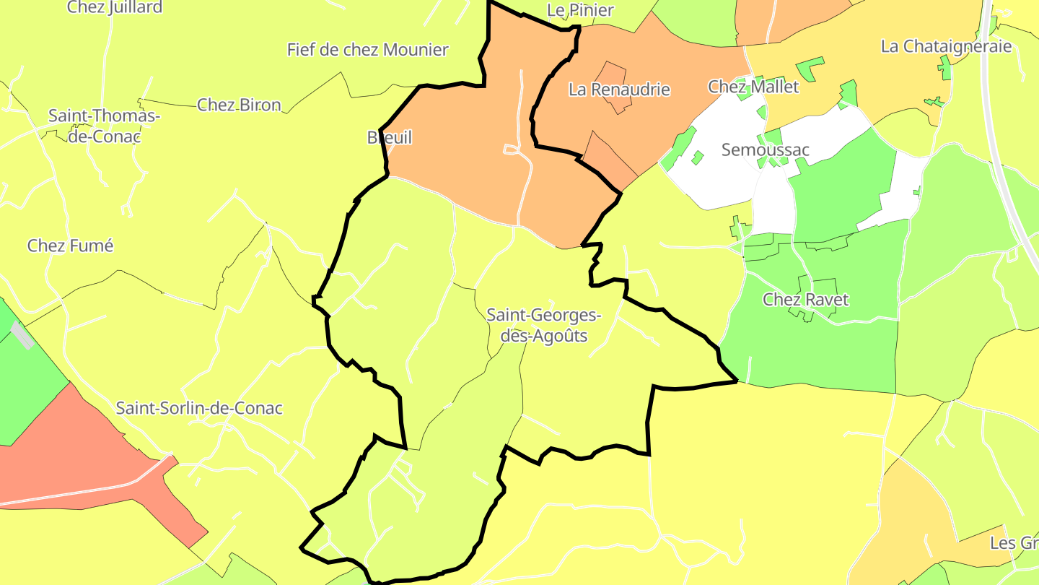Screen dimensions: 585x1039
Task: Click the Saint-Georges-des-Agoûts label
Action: tap(543, 325)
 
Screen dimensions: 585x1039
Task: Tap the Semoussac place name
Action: tap(765, 149)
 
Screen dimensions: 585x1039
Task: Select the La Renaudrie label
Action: tap(619, 90)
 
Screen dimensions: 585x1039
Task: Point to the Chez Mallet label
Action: tap(753, 87)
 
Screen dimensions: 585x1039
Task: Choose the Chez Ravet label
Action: tap(805, 299)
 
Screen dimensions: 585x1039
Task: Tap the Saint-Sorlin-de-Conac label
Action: tap(199, 408)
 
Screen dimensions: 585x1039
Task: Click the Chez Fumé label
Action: tap(70, 246)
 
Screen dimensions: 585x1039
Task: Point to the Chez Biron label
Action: tap(239, 105)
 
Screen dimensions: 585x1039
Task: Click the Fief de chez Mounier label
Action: tap(367, 50)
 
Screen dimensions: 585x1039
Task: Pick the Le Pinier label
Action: tap(580, 10)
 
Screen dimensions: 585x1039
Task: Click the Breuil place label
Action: tap(390, 137)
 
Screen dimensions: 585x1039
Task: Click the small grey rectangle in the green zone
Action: tap(22, 335)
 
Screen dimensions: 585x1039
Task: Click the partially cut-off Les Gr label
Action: tap(1014, 542)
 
